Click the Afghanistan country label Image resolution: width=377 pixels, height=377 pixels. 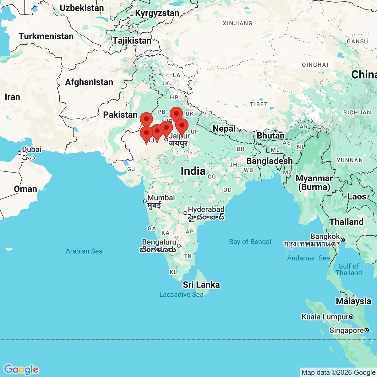coord(89,82)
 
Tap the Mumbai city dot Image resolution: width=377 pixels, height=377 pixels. coord(145,201)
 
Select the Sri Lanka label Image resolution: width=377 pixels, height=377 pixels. coord(201,285)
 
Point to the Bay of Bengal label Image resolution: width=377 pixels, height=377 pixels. coord(250,242)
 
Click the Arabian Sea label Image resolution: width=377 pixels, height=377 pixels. coord(84,251)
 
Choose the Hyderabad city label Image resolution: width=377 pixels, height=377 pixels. coord(206,210)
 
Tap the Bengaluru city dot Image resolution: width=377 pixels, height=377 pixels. coord(179,246)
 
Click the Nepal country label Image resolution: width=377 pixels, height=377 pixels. coord(224,128)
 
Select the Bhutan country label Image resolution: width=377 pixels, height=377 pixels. coord(270,136)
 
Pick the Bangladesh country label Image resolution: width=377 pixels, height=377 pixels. coord(269,161)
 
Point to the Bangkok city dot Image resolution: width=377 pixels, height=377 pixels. coord(343,240)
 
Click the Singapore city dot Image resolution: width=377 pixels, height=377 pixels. coord(367,330)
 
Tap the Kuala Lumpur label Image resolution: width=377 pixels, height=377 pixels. coord(325,317)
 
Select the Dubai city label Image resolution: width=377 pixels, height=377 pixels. coord(31,150)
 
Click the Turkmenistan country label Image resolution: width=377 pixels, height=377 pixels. coord(46,36)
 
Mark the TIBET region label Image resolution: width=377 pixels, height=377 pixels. coord(259,104)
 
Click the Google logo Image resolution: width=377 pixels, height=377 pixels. coord(21,369)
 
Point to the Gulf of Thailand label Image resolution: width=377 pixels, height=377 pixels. coord(349,270)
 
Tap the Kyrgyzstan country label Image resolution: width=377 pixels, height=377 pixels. coord(157,13)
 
